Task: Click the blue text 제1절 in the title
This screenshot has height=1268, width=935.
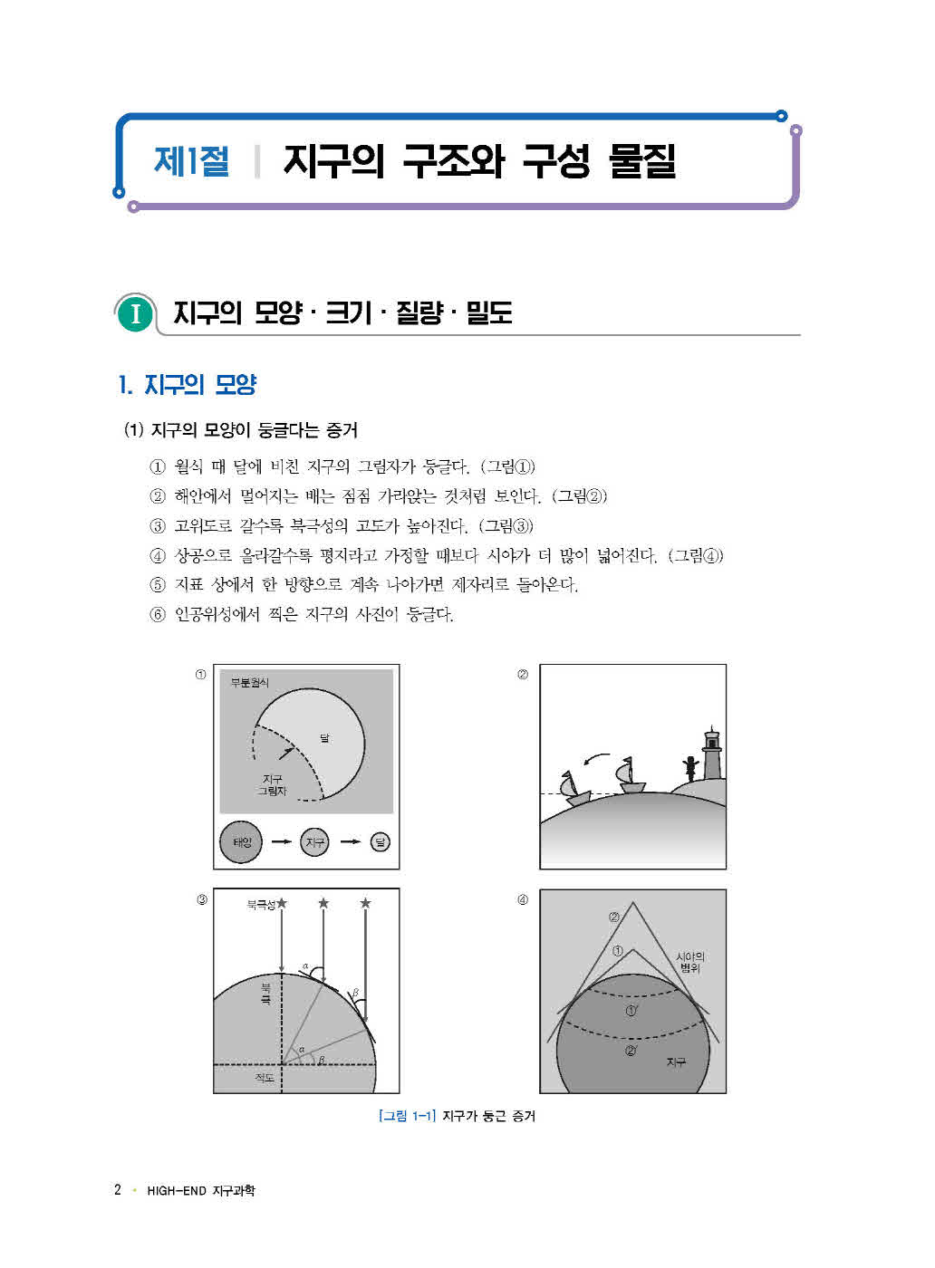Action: [x=191, y=161]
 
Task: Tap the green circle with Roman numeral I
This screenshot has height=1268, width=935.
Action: [x=135, y=313]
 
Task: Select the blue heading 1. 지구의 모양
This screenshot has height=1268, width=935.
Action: [x=188, y=385]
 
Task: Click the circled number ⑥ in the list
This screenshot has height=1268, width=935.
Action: [x=158, y=615]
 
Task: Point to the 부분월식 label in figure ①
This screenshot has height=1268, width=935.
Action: [x=249, y=683]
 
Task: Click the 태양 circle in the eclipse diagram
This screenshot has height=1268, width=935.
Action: [x=241, y=842]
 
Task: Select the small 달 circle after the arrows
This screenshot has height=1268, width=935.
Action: [x=381, y=842]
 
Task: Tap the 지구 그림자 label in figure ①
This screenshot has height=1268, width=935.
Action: [x=272, y=784]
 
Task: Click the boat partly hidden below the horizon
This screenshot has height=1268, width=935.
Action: [x=573, y=789]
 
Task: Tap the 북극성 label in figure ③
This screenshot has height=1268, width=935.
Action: [x=261, y=904]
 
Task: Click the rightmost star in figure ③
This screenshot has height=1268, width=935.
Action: [x=365, y=903]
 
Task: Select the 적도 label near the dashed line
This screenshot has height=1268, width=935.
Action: [x=265, y=1078]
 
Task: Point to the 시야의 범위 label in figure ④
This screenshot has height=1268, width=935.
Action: [x=689, y=962]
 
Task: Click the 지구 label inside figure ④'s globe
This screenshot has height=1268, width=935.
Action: [x=676, y=1062]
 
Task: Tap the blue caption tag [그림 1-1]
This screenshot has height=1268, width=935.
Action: [x=407, y=1116]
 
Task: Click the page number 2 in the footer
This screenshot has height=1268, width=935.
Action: [x=117, y=1189]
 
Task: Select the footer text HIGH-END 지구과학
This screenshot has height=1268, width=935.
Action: [x=201, y=1190]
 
